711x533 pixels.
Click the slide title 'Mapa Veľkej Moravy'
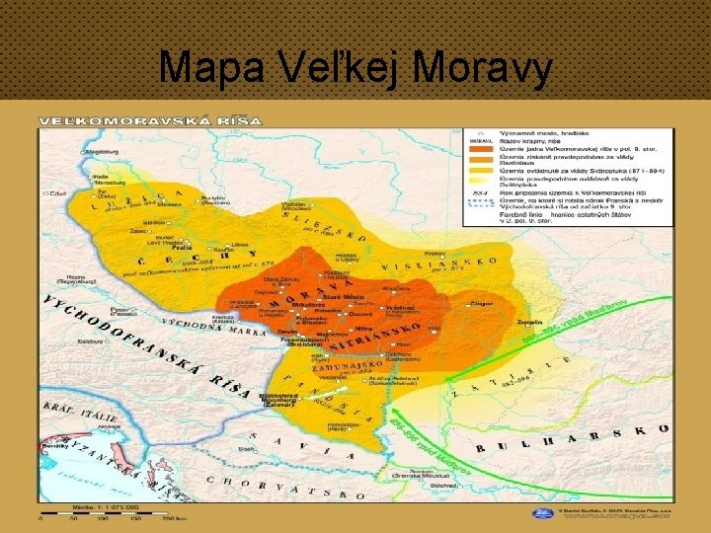[355, 67]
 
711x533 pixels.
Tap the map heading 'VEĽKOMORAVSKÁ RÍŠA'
[150, 120]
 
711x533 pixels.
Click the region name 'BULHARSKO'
[573, 439]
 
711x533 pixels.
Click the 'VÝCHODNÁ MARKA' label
[212, 327]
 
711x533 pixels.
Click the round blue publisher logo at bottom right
[542, 513]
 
